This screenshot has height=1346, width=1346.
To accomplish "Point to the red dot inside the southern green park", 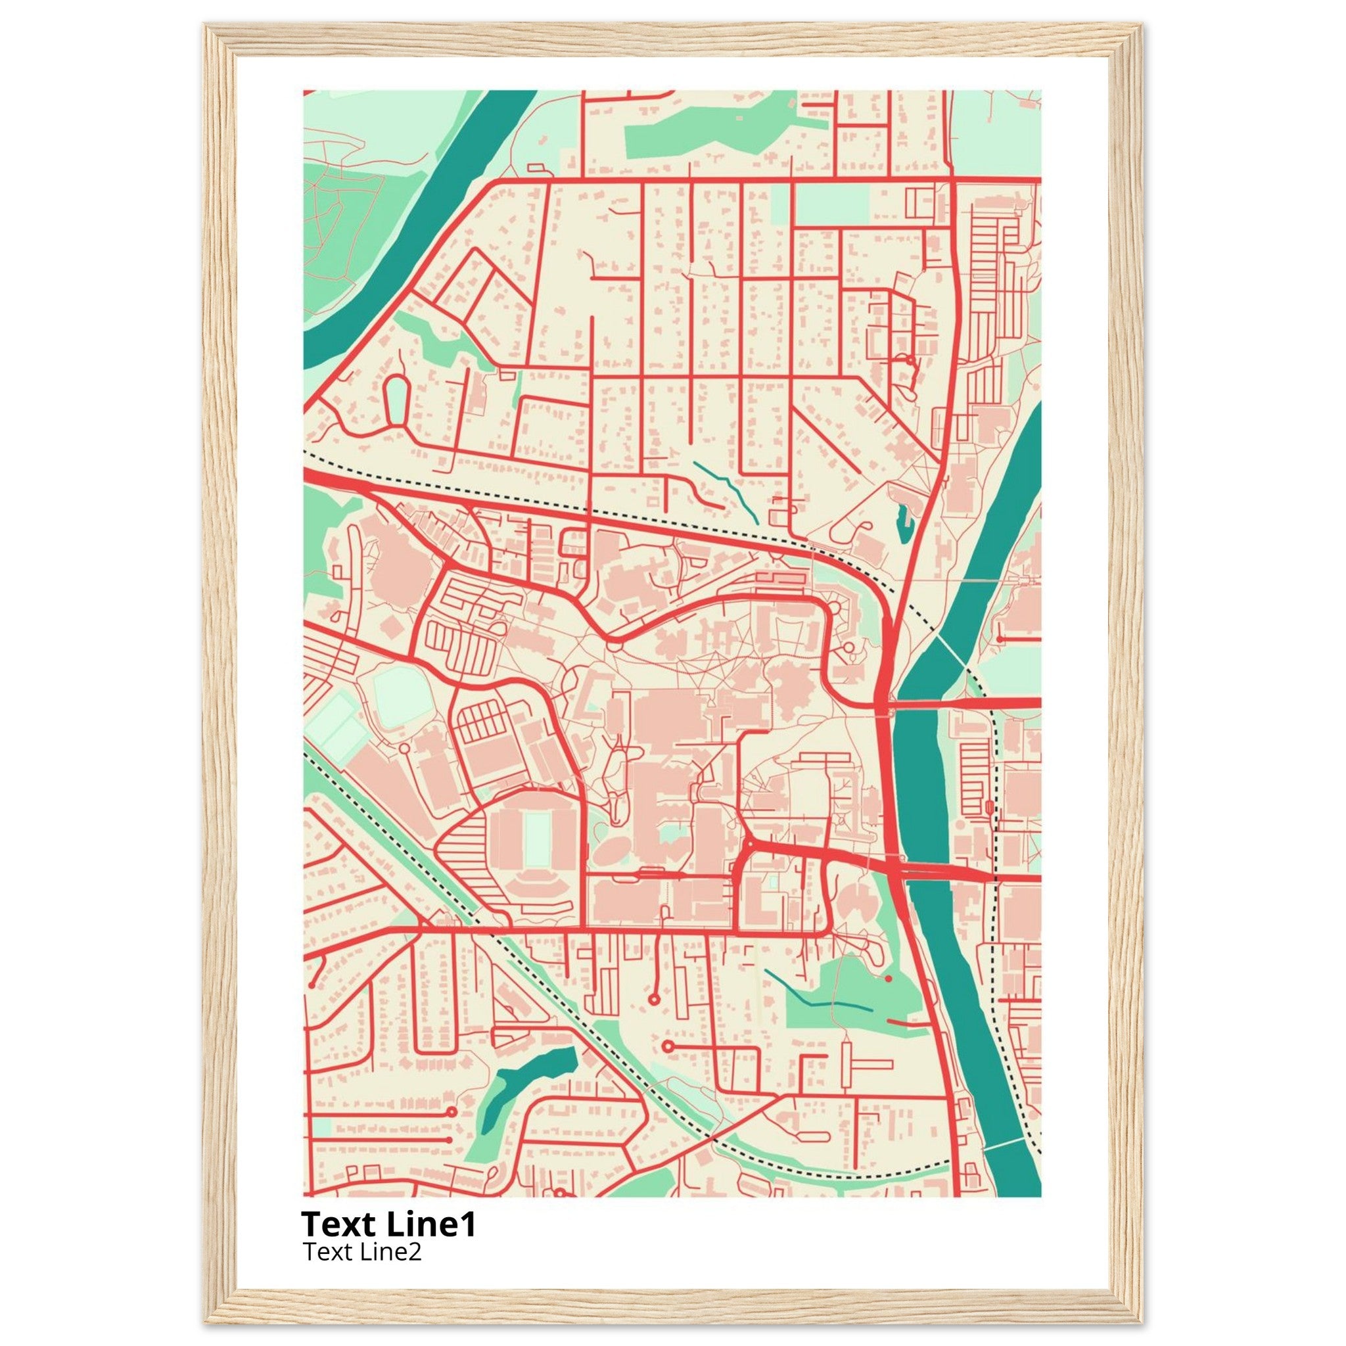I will tap(889, 979).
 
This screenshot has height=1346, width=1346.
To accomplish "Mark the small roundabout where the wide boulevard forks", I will tap(751, 845).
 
